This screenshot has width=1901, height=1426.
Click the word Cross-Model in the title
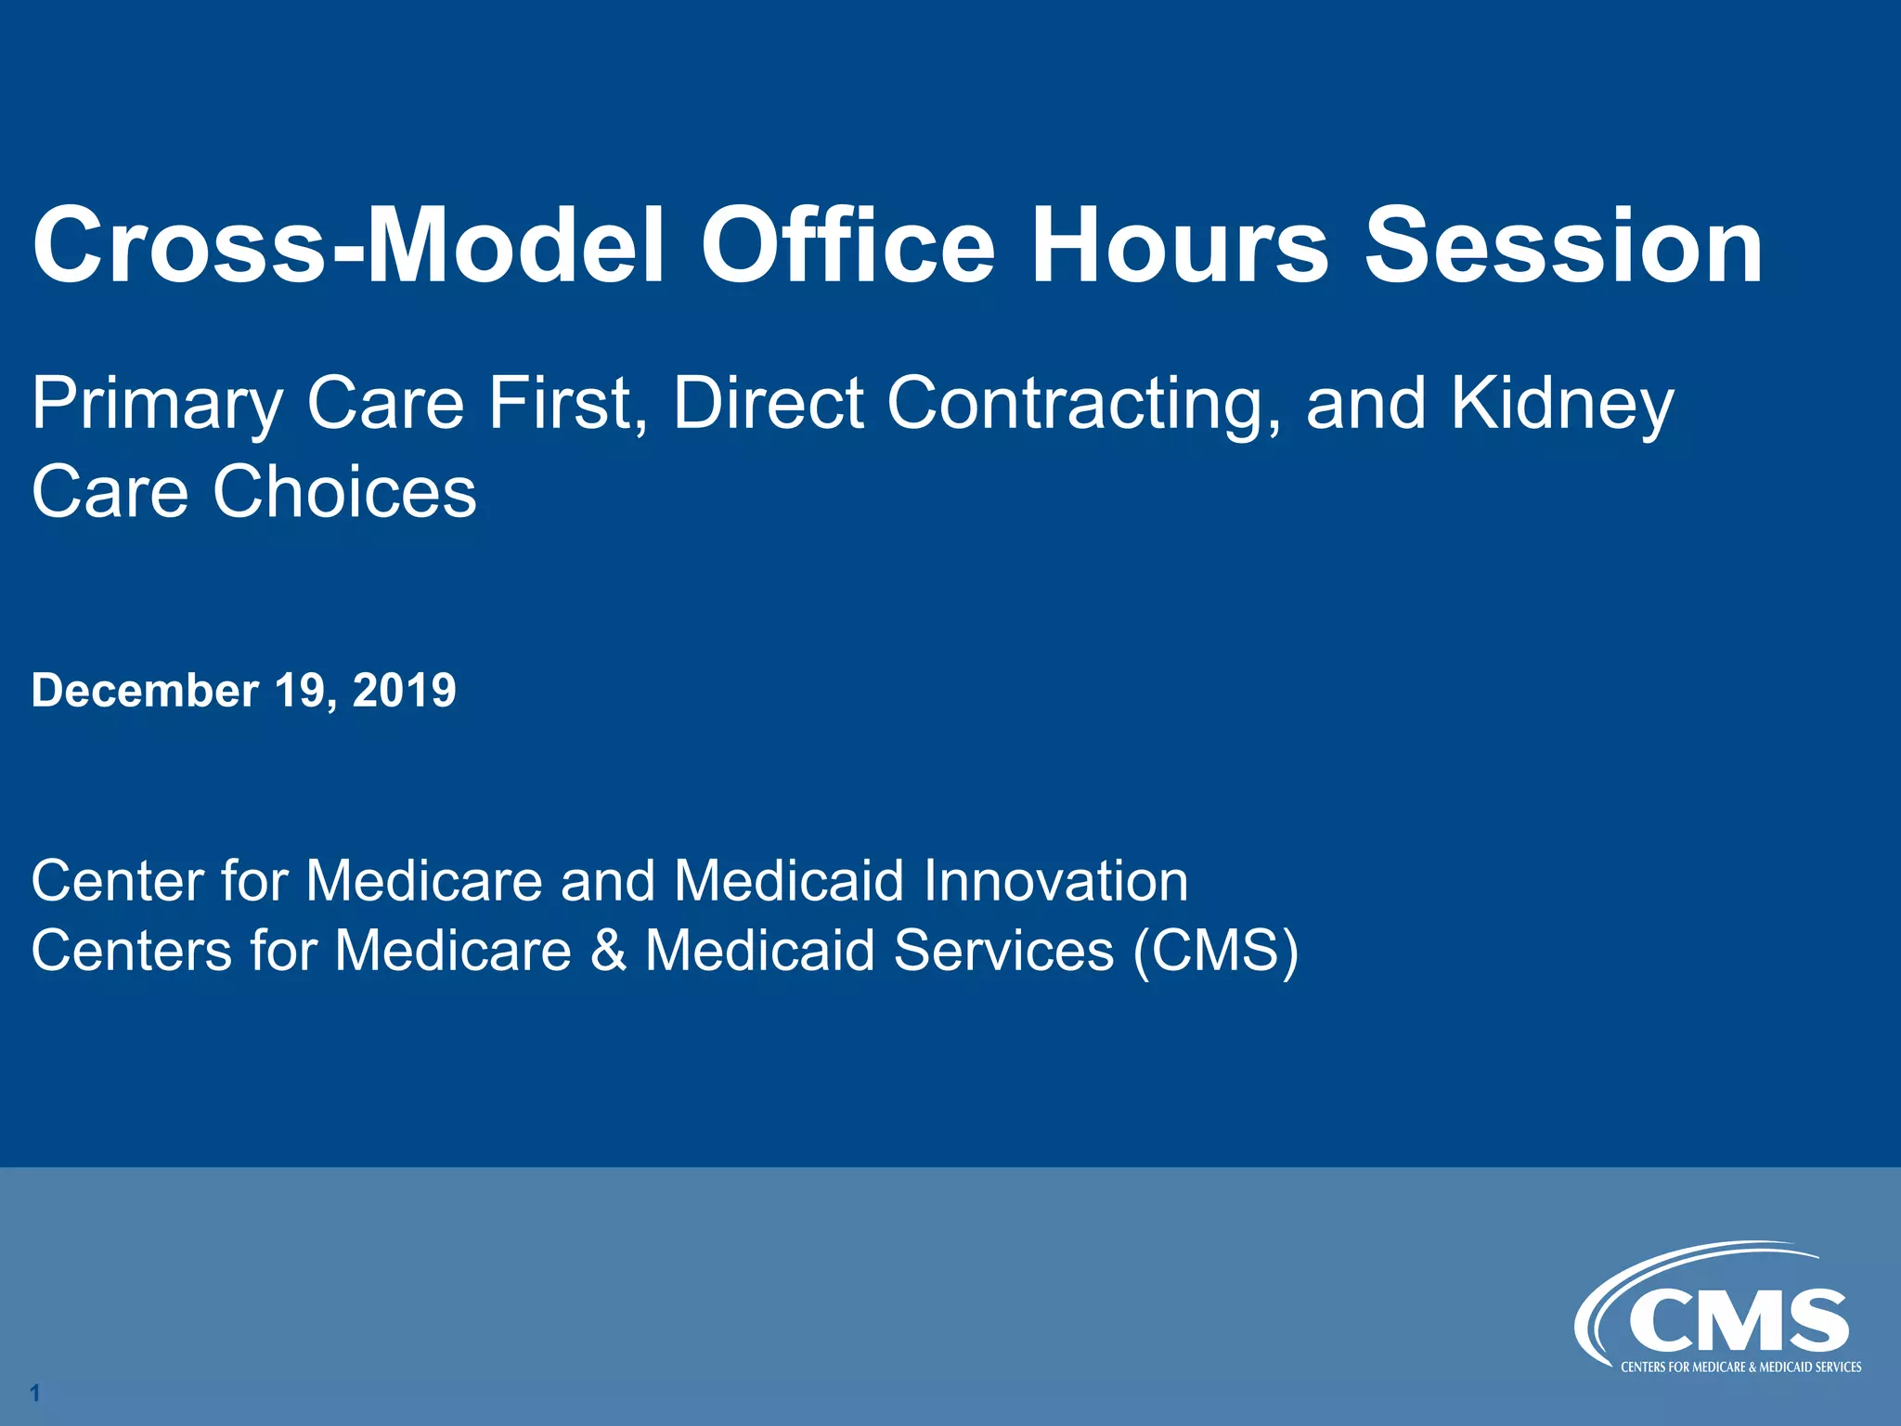[x=348, y=245]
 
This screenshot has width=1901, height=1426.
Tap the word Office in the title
[x=847, y=245]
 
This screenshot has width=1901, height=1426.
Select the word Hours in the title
[x=1179, y=245]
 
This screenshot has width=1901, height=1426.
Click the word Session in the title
[x=1563, y=245]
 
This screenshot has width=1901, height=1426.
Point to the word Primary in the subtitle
[x=156, y=405]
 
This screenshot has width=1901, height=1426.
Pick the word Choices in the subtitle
[x=344, y=491]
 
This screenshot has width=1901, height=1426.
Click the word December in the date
[x=145, y=691]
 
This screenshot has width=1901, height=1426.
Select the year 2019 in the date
[x=405, y=691]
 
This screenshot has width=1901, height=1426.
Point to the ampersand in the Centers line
[x=608, y=951]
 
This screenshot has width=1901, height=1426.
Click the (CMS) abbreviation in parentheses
[x=1215, y=951]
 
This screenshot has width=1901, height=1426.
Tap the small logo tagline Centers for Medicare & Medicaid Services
[x=1740, y=1367]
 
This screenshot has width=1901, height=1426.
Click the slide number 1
[x=35, y=1393]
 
